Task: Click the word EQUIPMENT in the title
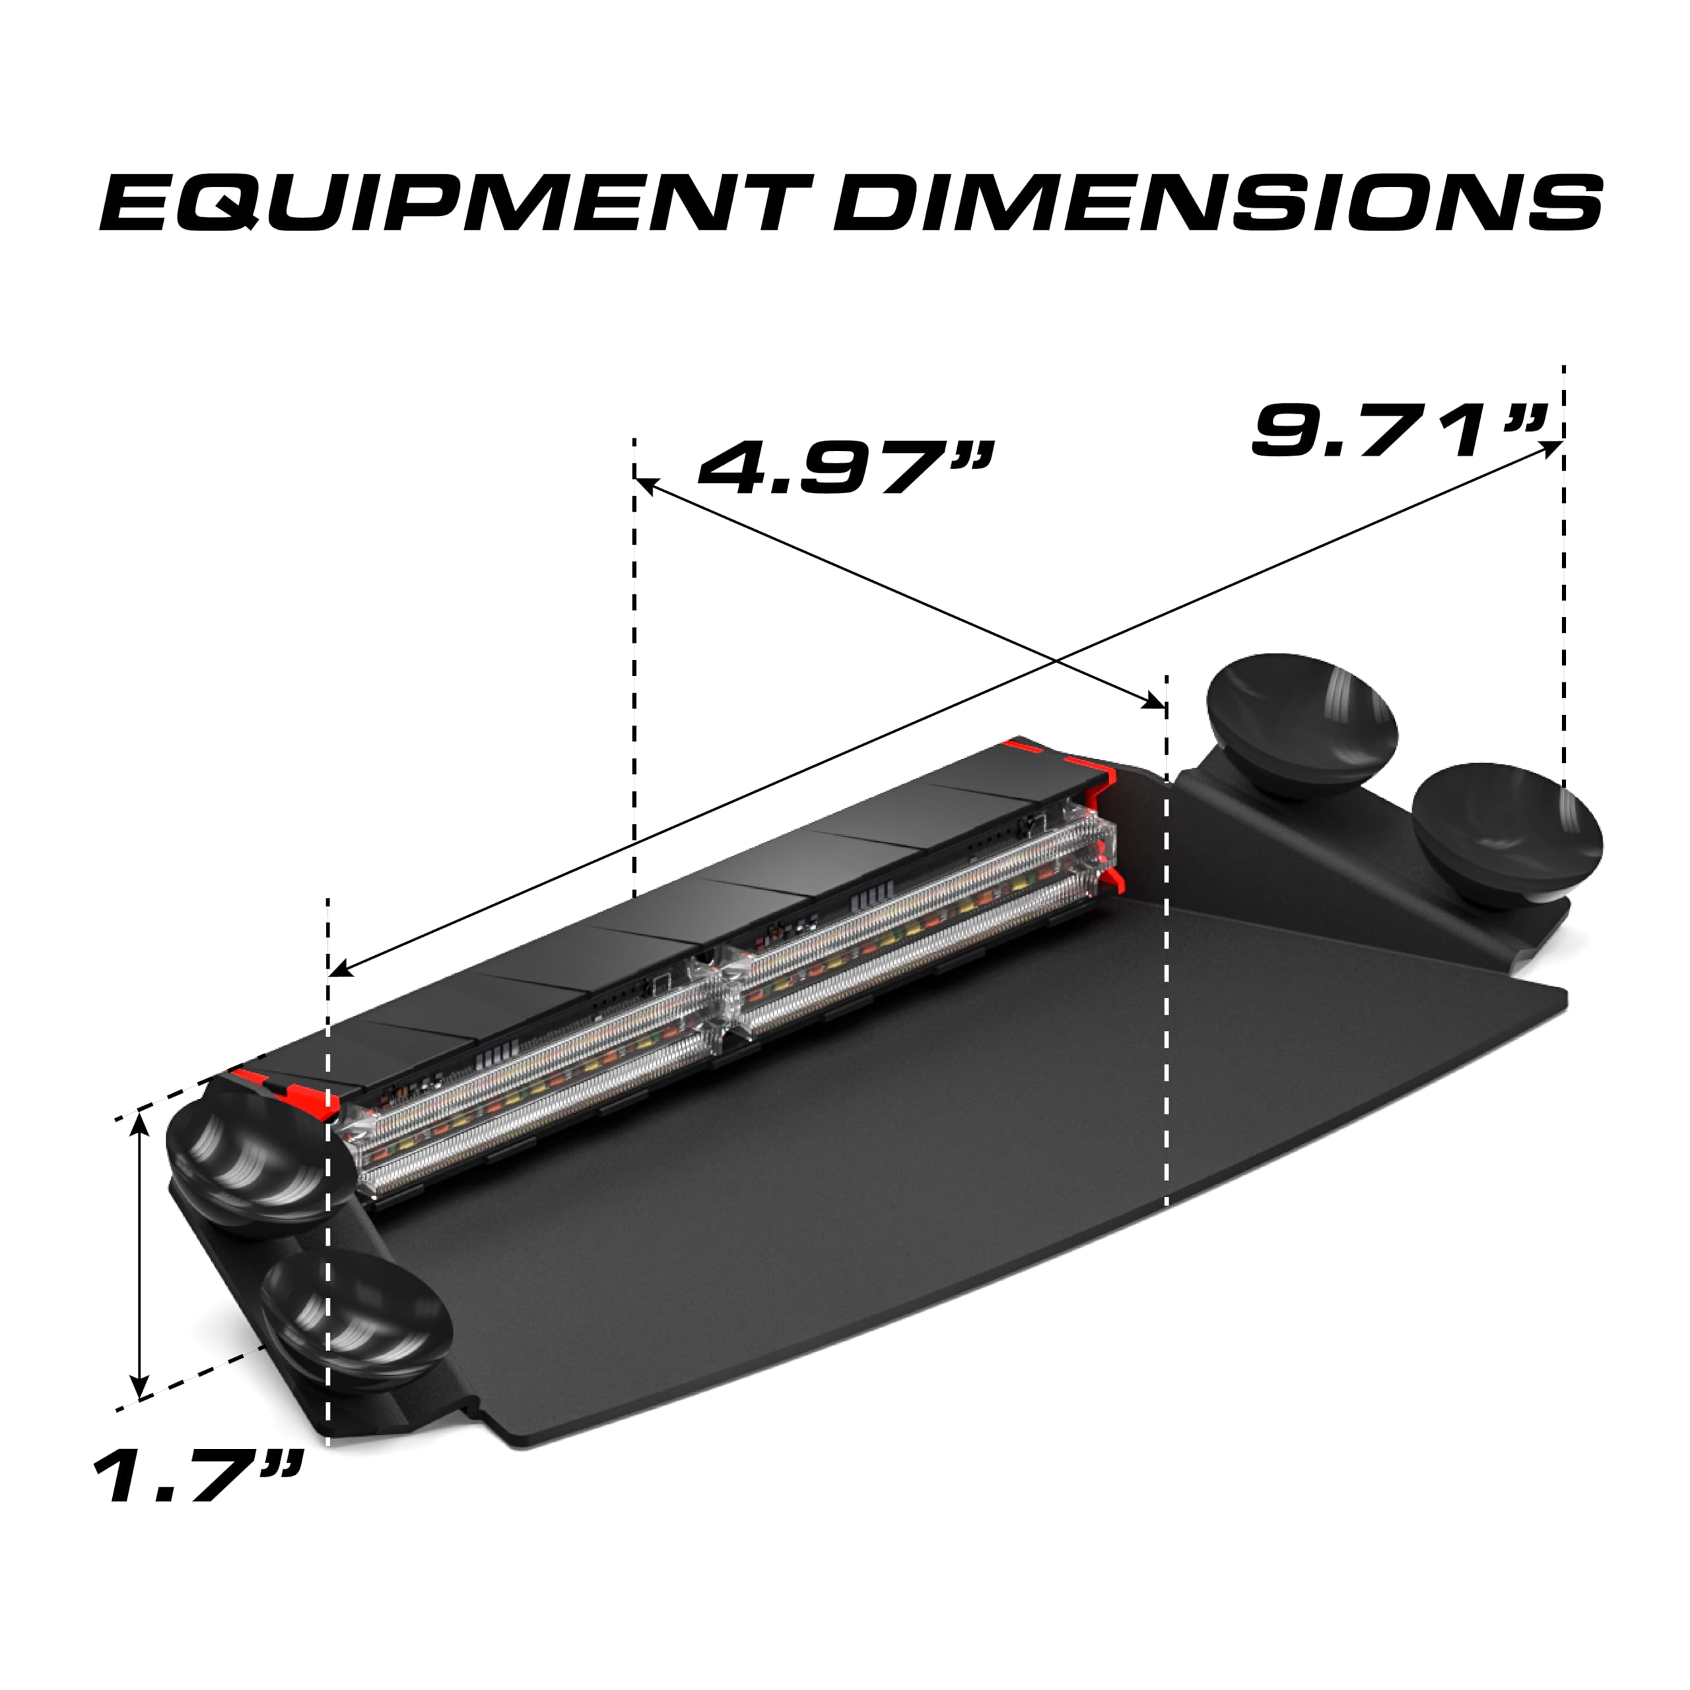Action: (455, 203)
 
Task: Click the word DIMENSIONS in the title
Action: (1217, 203)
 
